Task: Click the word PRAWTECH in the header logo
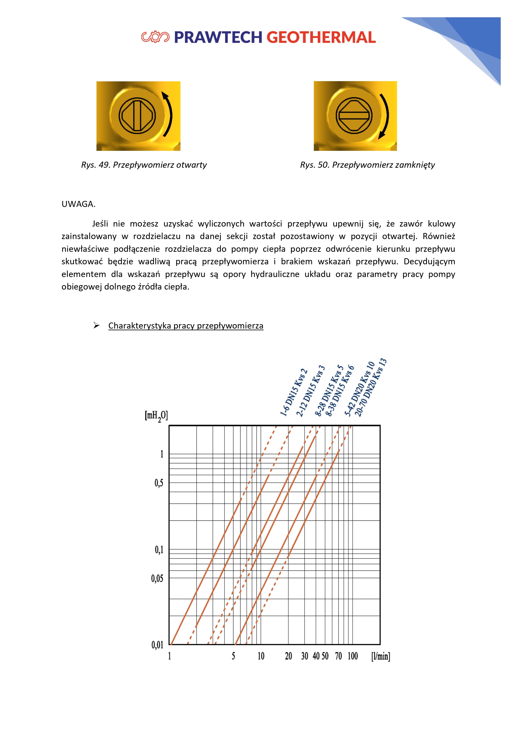218,37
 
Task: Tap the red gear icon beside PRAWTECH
155,37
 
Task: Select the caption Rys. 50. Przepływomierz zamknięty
367,165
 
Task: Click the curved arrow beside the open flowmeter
168,114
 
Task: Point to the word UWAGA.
78,204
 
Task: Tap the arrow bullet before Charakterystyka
96,325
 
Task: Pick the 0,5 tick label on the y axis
159,483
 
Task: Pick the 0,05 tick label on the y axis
157,578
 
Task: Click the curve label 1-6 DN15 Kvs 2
294,393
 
